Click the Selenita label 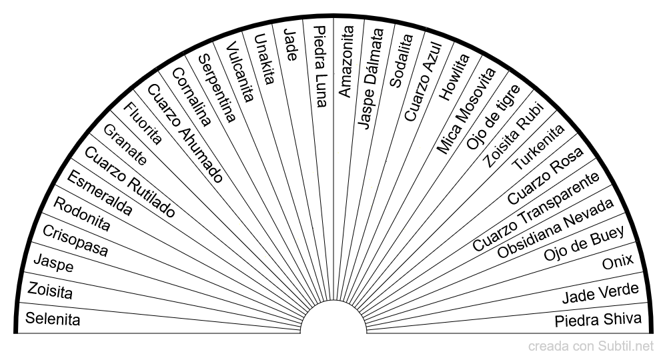click(x=53, y=319)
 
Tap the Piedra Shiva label click(x=598, y=320)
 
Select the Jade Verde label click(x=601, y=293)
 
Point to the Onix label click(x=618, y=261)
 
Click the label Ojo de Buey click(x=584, y=243)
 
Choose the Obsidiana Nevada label click(x=556, y=228)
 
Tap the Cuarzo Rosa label click(x=546, y=176)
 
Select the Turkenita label click(x=538, y=147)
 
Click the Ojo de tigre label click(x=494, y=117)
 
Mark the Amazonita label click(x=346, y=61)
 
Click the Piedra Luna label click(x=320, y=66)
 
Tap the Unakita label click(x=264, y=59)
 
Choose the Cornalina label click(x=191, y=97)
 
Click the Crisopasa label click(x=75, y=241)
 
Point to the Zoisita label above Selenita click(x=50, y=291)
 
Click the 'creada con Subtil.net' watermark click(x=591, y=347)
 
